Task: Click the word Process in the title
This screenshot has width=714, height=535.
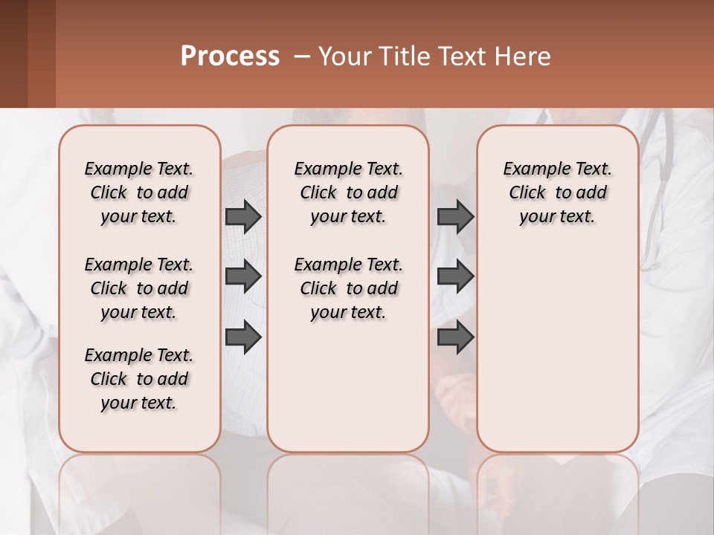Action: coord(230,56)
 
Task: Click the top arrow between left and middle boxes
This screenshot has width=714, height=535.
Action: coord(242,216)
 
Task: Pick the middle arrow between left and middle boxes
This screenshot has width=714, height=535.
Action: coord(242,276)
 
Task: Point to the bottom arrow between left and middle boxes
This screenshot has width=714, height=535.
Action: coord(242,337)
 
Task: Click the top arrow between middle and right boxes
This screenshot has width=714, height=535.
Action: coord(455,216)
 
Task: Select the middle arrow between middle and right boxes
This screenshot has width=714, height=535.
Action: coord(455,276)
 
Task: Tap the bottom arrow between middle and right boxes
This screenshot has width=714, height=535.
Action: coord(455,337)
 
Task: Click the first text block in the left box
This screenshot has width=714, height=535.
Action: coord(139,192)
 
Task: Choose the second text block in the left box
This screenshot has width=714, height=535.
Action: coord(139,288)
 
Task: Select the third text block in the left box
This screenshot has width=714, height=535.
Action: coord(139,379)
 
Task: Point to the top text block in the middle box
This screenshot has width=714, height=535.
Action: coord(348,192)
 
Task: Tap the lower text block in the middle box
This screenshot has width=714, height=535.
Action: coord(348,288)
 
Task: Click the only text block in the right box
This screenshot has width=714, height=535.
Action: coord(557,192)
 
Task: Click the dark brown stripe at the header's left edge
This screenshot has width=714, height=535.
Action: coord(13,53)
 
